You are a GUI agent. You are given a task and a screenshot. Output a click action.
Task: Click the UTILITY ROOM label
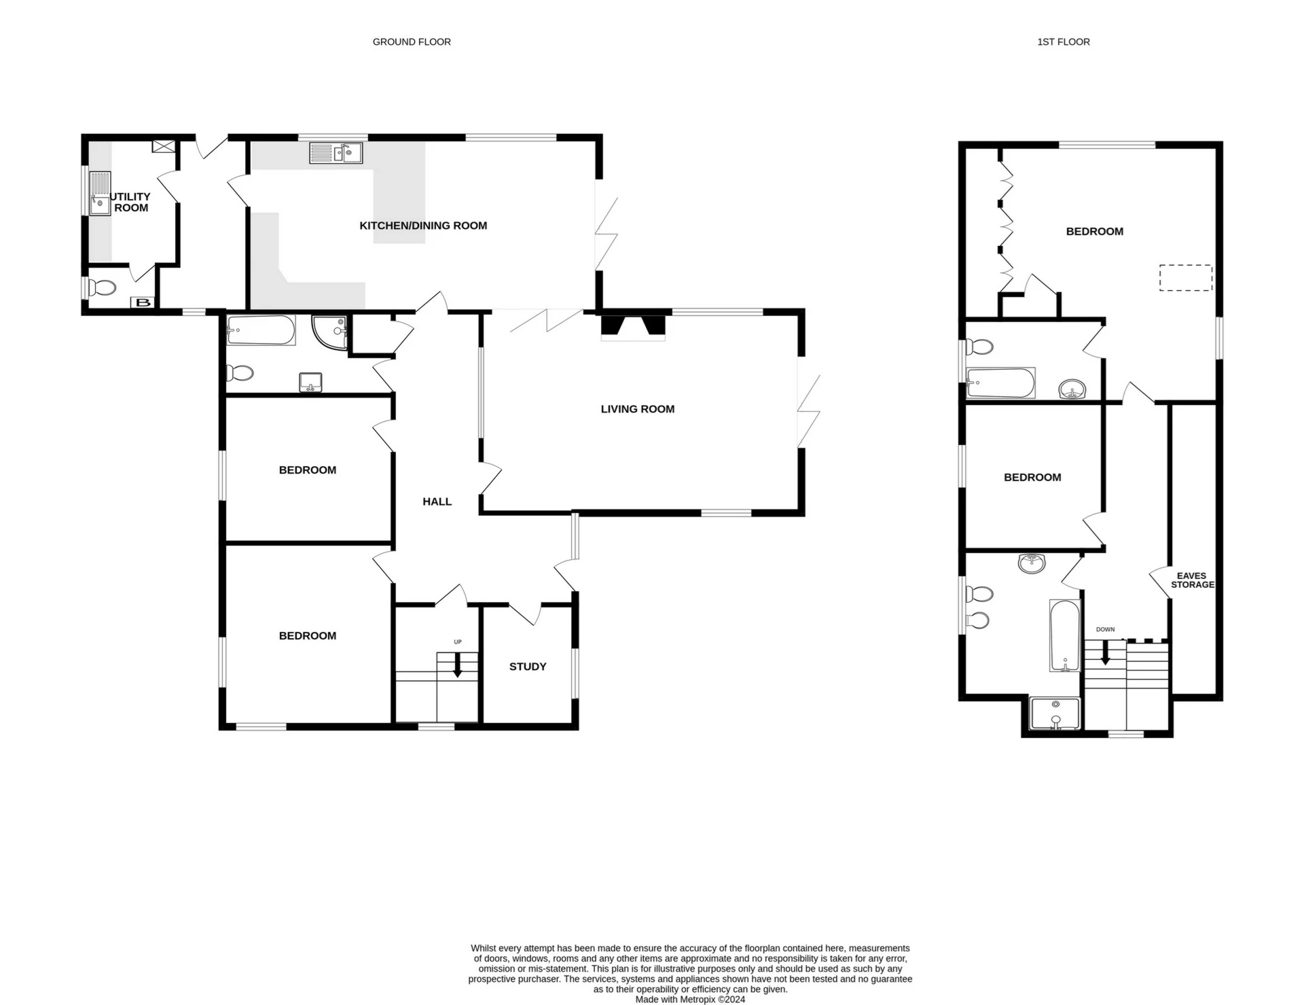coord(130,202)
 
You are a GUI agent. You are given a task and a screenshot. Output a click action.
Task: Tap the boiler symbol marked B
coord(143,302)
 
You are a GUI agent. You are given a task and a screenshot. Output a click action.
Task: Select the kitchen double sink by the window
coord(336,153)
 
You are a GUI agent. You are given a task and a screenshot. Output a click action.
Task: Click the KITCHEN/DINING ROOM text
coord(423,226)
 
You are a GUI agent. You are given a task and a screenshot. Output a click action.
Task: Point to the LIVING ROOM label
coord(637,409)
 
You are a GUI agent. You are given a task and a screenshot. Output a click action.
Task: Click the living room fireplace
coord(633,325)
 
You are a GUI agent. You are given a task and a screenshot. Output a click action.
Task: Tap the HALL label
coord(437,501)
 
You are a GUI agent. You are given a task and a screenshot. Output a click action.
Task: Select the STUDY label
coord(528,667)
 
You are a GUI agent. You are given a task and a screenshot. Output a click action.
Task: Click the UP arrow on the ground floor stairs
coord(457,665)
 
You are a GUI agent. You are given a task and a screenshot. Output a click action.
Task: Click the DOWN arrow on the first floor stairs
coord(1105,652)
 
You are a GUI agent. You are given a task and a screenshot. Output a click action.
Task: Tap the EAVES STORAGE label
coord(1192,580)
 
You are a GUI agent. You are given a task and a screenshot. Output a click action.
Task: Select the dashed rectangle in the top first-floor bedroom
coord(1185,278)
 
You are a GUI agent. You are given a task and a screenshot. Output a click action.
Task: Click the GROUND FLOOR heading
coord(412,42)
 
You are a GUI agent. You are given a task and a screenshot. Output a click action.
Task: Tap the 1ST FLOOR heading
coord(1063,42)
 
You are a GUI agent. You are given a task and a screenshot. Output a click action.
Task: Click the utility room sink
coord(100,194)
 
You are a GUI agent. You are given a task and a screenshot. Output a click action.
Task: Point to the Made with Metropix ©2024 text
coord(689,1000)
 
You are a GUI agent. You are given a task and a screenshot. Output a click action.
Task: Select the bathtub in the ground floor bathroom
coord(261,330)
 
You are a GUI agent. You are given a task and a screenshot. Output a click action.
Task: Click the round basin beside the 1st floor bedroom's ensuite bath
coord(1072,390)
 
